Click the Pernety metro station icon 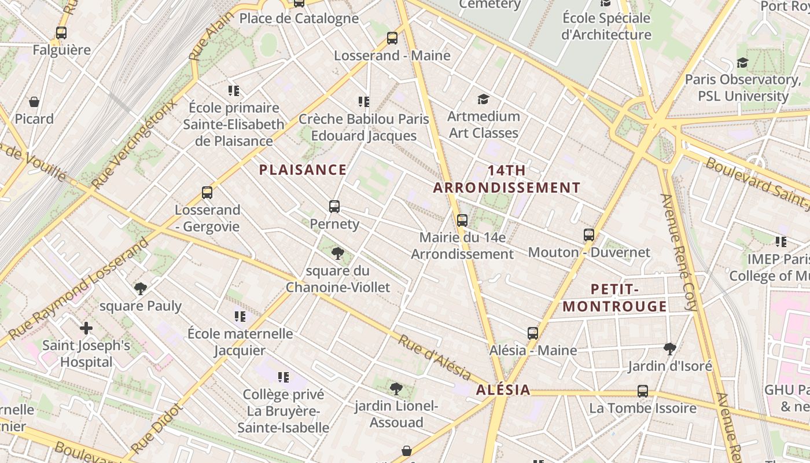334,207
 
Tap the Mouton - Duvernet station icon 588,235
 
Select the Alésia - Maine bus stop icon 532,333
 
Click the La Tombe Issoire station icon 642,391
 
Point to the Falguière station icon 61,33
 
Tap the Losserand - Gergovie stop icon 207,193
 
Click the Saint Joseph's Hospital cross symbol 86,329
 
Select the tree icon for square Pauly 140,288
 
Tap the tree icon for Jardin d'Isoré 670,348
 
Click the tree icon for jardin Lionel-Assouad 396,388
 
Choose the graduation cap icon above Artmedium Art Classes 483,100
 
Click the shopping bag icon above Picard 34,102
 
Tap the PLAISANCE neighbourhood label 303,170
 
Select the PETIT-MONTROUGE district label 615,297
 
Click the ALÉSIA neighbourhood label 503,389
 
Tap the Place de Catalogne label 299,19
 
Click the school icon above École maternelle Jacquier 240,317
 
